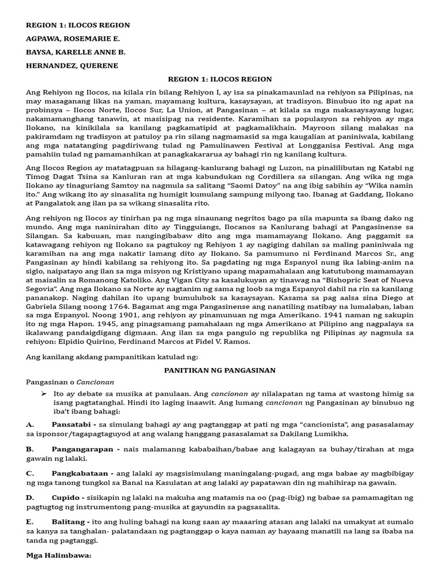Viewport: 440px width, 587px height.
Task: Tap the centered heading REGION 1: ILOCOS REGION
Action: click(219, 79)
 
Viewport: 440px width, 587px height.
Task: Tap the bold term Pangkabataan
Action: click(81, 474)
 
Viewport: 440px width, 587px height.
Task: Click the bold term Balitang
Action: click(69, 522)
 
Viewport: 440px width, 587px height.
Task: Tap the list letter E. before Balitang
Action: click(30, 522)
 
